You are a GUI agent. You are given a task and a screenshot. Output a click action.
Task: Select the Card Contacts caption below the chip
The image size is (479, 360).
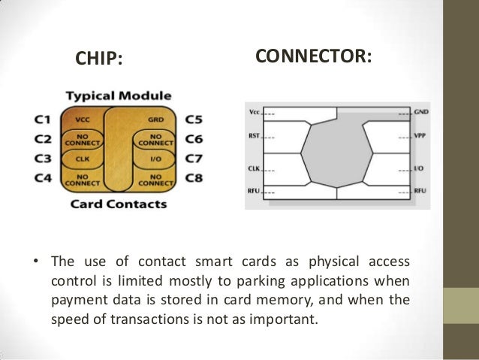click(119, 204)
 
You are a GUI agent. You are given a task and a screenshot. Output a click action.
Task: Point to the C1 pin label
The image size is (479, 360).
click(42, 119)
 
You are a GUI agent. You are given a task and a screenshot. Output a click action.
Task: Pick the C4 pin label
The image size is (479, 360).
click(42, 179)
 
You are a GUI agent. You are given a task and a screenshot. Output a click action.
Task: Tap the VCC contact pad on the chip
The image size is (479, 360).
click(83, 119)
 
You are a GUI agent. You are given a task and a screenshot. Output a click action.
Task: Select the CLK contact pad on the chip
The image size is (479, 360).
click(83, 159)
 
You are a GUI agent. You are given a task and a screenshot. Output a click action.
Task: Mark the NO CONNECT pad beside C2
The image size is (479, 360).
click(82, 139)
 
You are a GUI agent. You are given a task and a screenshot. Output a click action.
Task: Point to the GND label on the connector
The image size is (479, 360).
click(421, 111)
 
